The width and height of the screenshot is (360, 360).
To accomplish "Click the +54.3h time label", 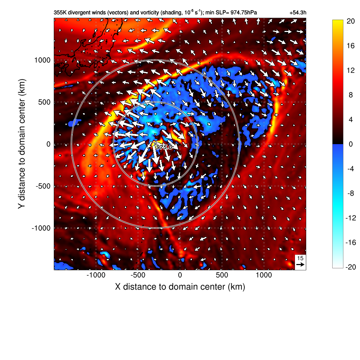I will [298, 13].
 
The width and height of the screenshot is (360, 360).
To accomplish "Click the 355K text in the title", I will [59, 13].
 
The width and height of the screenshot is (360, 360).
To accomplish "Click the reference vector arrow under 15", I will [300, 264].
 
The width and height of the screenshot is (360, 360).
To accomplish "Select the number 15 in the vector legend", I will [300, 258].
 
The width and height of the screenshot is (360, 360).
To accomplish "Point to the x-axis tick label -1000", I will [96, 275].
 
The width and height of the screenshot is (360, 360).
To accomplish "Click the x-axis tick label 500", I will [222, 275].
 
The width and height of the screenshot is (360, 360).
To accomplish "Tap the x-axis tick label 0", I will [180, 275].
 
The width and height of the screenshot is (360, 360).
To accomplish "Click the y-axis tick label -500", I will [43, 186].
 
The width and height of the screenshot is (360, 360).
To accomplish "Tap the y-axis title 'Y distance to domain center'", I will [22, 144].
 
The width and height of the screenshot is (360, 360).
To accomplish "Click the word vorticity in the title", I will [147, 13].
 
